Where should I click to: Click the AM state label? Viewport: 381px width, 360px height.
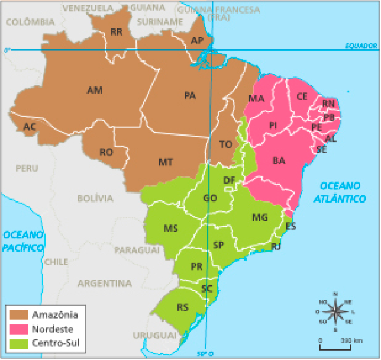(x=95, y=91)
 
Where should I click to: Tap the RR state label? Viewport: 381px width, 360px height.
(x=116, y=33)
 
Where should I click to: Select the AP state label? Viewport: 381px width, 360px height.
(x=198, y=41)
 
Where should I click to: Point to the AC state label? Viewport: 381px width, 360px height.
(x=29, y=127)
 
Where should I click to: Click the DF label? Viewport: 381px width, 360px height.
(x=230, y=180)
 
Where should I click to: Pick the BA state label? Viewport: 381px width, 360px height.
(x=279, y=160)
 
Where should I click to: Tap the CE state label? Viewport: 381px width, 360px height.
(x=302, y=96)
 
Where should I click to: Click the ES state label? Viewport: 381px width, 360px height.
(x=290, y=226)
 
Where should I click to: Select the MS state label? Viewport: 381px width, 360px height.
(x=171, y=228)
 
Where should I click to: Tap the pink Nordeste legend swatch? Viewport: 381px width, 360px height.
(x=18, y=329)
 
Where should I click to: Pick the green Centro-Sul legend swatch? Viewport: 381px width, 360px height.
(x=18, y=343)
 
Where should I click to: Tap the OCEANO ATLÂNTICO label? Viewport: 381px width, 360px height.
(x=340, y=191)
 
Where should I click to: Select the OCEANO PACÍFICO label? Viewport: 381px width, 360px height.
(x=24, y=241)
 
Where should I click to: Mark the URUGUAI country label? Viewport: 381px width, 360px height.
(x=155, y=335)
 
